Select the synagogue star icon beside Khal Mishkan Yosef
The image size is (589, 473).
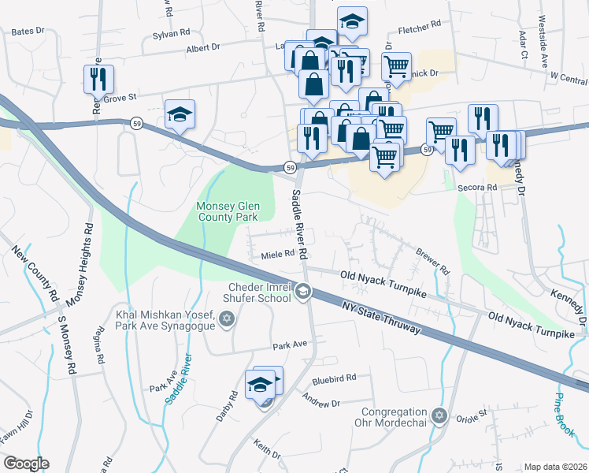point(228,318)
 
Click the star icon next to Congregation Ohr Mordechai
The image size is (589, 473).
point(440,414)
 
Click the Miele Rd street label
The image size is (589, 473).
point(277,255)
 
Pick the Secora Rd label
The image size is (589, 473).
point(480,188)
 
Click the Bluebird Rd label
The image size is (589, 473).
point(335,378)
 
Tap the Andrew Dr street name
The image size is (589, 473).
point(321,403)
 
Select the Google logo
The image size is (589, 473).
point(26,464)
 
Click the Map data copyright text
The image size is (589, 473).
point(555,467)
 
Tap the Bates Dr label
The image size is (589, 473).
point(27,32)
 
